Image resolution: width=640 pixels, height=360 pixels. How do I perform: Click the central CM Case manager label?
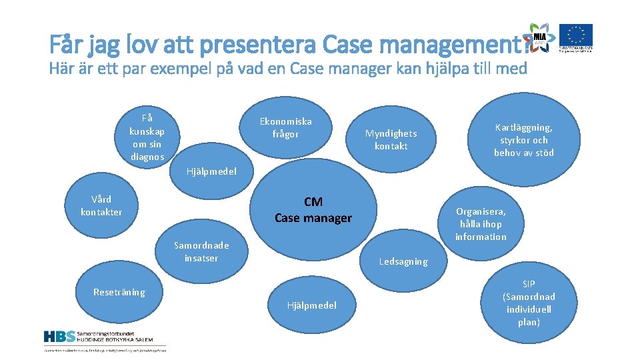tap(313, 209)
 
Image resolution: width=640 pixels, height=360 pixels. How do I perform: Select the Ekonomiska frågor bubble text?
tap(285, 127)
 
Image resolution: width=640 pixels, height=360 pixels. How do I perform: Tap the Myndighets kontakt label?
tap(391, 140)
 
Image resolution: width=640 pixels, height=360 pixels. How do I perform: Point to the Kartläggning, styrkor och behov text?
tap(523, 139)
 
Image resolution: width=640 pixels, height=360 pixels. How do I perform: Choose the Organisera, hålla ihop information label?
tap(481, 224)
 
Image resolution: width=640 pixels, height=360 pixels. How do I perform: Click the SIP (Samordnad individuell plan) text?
tap(529, 303)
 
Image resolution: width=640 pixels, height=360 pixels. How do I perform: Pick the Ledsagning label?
tap(403, 261)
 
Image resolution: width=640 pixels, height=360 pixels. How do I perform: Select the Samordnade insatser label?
tap(201, 251)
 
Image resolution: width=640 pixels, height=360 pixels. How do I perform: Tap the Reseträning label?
tap(119, 292)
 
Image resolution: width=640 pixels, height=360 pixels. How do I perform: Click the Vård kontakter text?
tap(101, 205)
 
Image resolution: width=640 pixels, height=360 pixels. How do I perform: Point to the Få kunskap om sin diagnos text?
tap(147, 137)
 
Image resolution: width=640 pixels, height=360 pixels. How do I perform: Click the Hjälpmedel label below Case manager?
tap(311, 305)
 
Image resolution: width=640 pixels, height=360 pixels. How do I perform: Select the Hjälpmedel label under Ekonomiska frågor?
tap(211, 171)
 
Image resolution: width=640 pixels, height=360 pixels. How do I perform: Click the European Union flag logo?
tap(575, 37)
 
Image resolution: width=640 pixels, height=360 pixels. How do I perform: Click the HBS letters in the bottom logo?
tap(59, 337)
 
